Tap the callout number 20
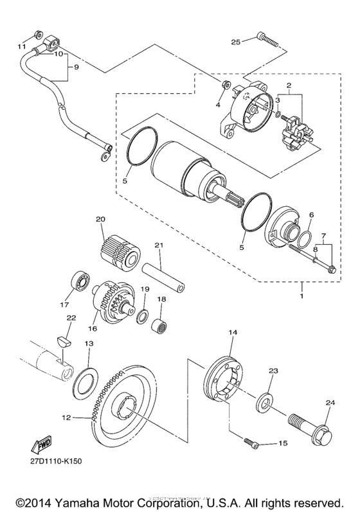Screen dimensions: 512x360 coord(100,219)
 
